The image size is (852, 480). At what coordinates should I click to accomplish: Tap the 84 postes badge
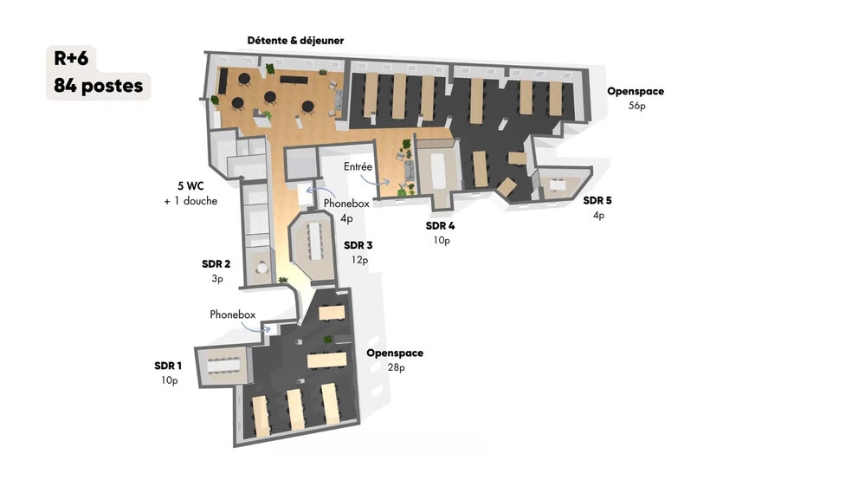[99, 86]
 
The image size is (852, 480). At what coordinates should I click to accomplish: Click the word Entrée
[358, 166]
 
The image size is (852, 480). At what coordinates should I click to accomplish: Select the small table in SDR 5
[558, 183]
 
